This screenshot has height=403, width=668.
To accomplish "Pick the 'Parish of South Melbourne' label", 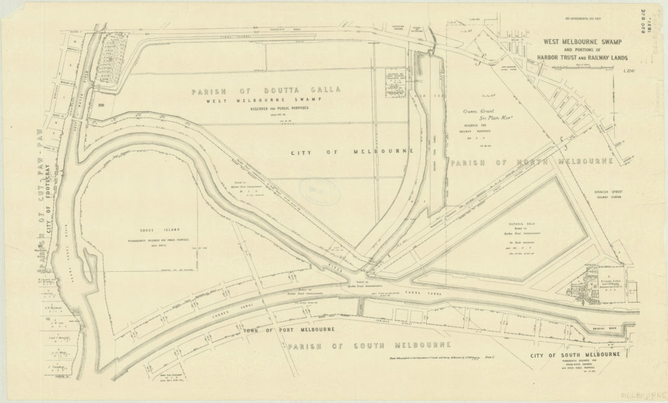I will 369,345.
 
